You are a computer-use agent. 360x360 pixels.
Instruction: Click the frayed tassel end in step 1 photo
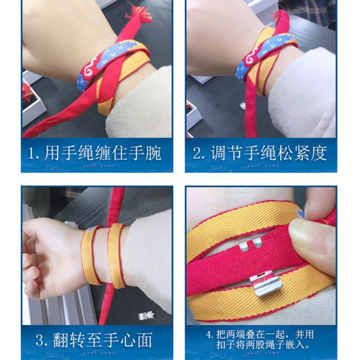[x=139, y=14]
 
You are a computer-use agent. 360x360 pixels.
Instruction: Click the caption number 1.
[x=31, y=153]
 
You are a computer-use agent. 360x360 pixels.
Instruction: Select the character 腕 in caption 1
[x=153, y=153]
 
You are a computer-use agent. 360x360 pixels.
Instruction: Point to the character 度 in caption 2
[x=319, y=153]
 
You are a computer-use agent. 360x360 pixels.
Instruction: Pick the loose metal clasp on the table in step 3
[x=147, y=315]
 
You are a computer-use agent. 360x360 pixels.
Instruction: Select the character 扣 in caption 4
[x=221, y=345]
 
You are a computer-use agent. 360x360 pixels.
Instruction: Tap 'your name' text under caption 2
[x=263, y=166]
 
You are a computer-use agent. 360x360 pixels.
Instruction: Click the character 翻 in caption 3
[x=60, y=340]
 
